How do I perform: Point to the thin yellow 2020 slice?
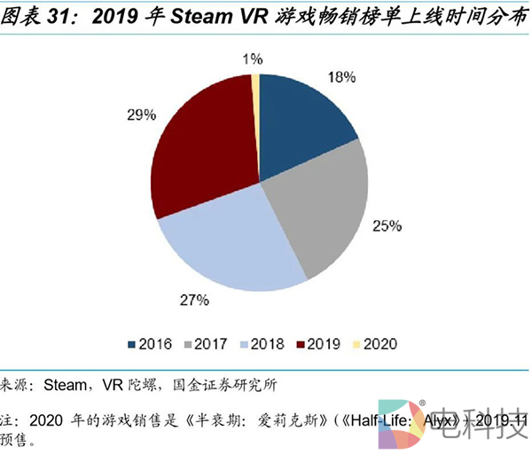tap(256, 84)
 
